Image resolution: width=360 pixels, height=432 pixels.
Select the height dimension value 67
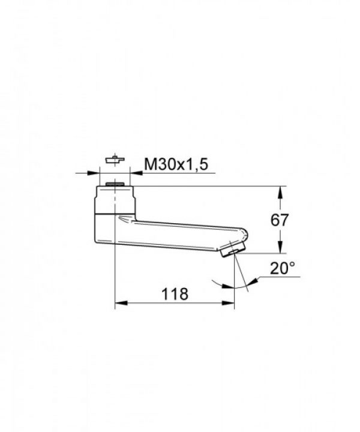point(280,220)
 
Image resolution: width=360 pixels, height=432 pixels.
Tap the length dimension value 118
point(175,294)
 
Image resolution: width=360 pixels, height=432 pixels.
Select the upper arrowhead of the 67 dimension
point(280,190)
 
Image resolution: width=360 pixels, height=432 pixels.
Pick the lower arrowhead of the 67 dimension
point(280,250)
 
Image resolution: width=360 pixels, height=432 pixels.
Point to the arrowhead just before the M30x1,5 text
point(135,173)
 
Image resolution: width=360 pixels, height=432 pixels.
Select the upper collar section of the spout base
point(113,199)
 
